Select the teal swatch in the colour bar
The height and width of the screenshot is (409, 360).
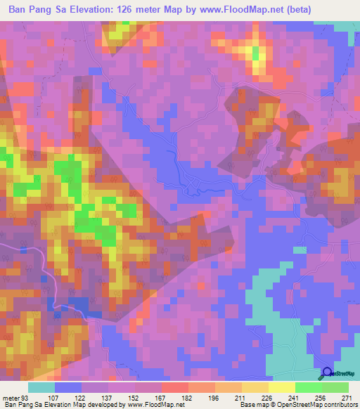tap(41, 387)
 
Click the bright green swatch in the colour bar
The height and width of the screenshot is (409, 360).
tap(307, 387)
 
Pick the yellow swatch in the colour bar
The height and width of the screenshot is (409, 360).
tap(281, 387)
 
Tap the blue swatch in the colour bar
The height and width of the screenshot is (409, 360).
tap(68, 387)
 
